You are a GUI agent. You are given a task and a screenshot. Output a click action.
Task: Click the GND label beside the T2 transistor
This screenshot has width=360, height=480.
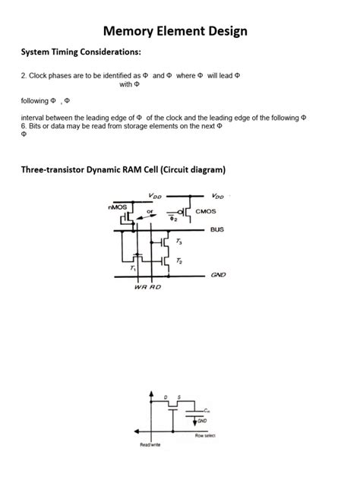(x=219, y=275)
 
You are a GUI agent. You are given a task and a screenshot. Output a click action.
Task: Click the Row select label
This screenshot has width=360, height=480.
(x=205, y=435)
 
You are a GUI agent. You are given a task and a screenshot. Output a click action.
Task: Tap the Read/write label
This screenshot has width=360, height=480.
(x=150, y=444)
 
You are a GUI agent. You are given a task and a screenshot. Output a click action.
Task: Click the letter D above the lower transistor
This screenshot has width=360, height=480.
(x=166, y=396)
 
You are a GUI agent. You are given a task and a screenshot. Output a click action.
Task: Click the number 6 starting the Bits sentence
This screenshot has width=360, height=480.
(x=23, y=125)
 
